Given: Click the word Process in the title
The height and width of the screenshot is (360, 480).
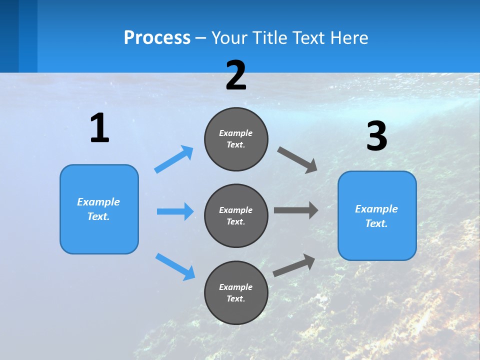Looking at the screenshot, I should (157, 38).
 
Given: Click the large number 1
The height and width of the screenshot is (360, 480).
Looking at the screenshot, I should (99, 128).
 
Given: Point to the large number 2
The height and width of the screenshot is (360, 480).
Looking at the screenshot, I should (236, 75).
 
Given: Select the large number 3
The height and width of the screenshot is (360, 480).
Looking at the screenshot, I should (376, 136).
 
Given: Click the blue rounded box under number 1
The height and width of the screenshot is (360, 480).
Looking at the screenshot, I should (99, 209).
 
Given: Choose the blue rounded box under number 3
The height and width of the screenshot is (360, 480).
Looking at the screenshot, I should (377, 216).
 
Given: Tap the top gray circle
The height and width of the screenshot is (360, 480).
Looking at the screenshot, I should (236, 139).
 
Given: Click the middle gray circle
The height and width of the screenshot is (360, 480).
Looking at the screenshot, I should (236, 216).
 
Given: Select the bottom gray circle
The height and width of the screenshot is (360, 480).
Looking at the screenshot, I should (236, 293).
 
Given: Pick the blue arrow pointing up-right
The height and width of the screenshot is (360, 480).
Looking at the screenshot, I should (174, 159).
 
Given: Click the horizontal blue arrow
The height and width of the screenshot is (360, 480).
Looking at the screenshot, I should (175, 211).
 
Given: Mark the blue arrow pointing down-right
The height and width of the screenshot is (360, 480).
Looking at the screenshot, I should (175, 266).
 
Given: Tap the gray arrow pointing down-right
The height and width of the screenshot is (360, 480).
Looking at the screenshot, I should (297, 160).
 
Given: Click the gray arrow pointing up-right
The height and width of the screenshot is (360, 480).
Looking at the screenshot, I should (294, 265).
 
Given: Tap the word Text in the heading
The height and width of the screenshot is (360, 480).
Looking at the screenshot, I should (307, 38).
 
